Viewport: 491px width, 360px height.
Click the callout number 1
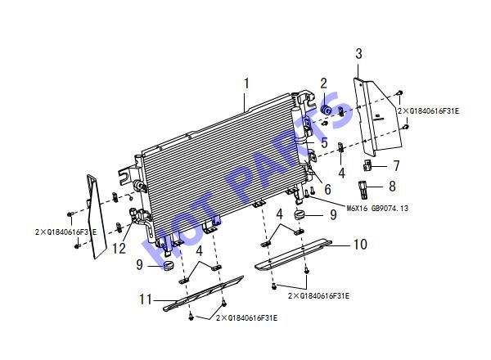[x=247, y=84]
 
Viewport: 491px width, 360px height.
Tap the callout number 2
[x=323, y=83]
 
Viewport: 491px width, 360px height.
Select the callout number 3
[x=359, y=53]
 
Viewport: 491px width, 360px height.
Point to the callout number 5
[x=324, y=142]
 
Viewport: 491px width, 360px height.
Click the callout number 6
[x=327, y=189]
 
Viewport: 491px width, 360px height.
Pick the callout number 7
[x=396, y=165]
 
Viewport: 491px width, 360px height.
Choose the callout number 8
[x=392, y=187]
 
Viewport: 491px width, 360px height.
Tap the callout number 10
[x=360, y=244]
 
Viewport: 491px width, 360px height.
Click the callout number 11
[x=146, y=299]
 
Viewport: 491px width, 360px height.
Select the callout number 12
[x=119, y=249]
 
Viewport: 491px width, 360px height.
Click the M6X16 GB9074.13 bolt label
[x=377, y=208]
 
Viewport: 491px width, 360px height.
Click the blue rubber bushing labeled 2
[x=327, y=110]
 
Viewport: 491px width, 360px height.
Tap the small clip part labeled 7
[x=367, y=164]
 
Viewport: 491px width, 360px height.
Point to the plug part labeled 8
[x=362, y=189]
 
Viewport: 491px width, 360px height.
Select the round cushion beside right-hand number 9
[x=300, y=215]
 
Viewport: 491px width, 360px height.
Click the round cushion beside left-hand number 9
[x=169, y=266]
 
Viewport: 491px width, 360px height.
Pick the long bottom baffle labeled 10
[x=293, y=254]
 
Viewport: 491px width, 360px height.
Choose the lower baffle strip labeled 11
[x=204, y=294]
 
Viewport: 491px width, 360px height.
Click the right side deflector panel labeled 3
[x=377, y=116]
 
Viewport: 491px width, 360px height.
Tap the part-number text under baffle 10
[x=318, y=296]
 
